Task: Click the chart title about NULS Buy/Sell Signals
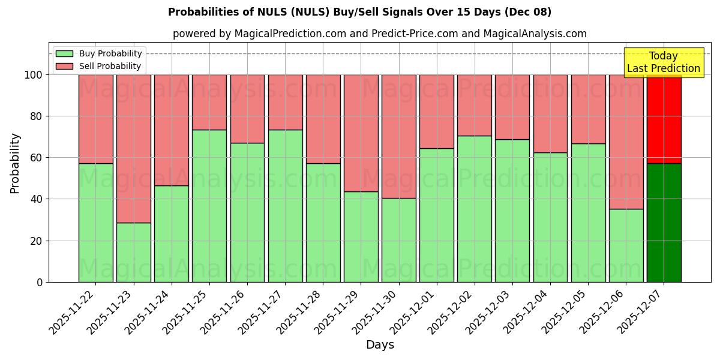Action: pos(359,12)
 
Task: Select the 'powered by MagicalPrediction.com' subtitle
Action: pos(379,34)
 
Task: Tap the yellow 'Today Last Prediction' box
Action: pos(663,62)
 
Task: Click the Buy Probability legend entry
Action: pos(99,53)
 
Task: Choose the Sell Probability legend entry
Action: pos(99,66)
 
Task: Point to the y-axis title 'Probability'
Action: pos(15,163)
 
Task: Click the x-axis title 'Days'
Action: pos(380,345)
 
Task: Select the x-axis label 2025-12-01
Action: pos(415,312)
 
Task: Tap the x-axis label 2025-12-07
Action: pos(642,312)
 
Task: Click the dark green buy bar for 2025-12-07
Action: pos(664,223)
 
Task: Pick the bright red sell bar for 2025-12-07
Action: pos(664,119)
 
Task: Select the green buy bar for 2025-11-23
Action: pos(133,252)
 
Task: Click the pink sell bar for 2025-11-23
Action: pos(133,148)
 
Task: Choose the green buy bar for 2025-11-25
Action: pos(209,206)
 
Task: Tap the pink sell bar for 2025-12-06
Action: pos(626,142)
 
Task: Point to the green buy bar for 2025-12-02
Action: pos(474,209)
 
